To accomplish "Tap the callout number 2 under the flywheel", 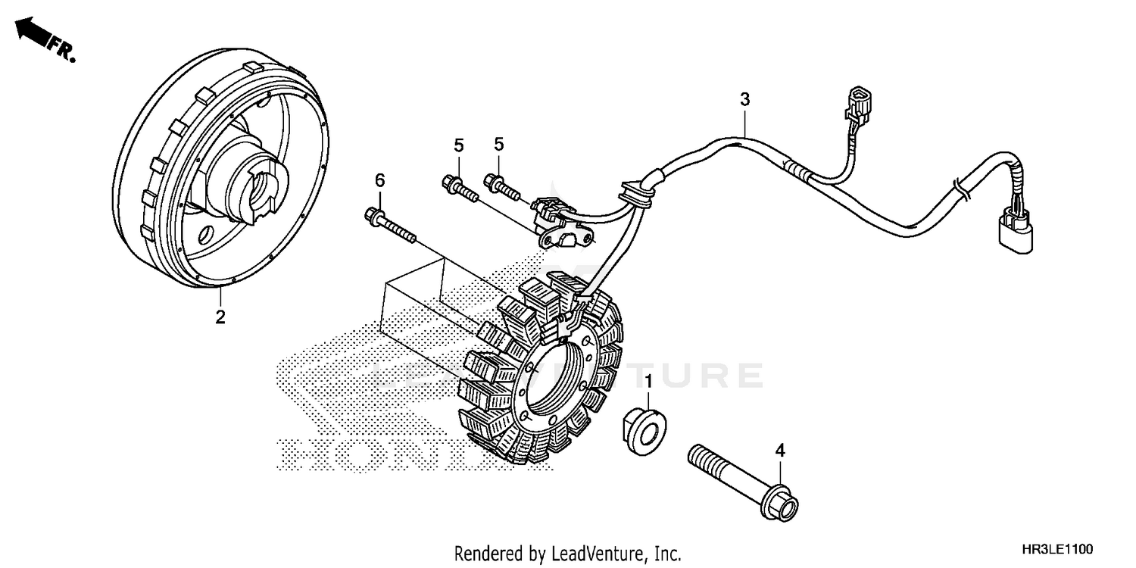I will click(x=220, y=317).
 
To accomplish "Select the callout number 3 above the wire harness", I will click(x=744, y=98).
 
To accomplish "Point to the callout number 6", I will click(x=379, y=179).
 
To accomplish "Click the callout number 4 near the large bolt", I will click(x=780, y=451).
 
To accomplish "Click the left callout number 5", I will click(x=458, y=144).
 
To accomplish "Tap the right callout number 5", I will click(x=499, y=144).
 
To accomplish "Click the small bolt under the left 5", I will click(x=457, y=188).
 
